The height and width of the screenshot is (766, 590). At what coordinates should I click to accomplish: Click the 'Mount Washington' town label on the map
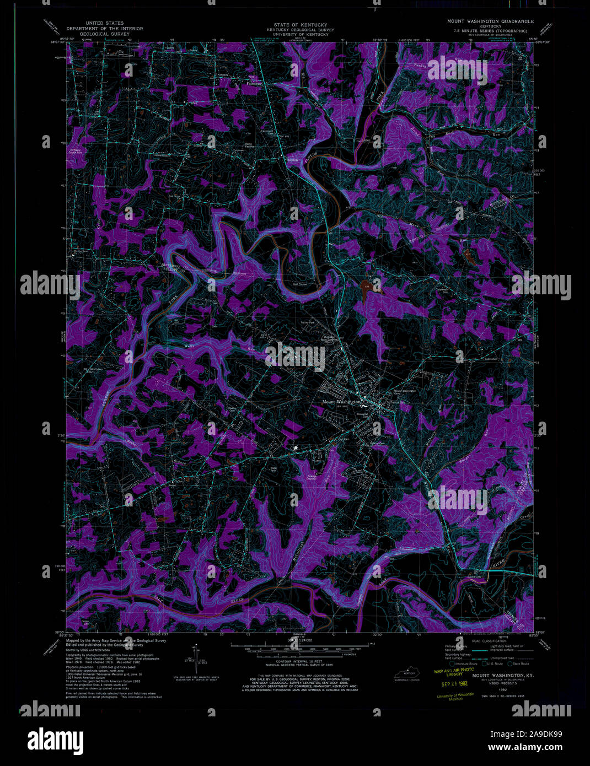click(x=341, y=402)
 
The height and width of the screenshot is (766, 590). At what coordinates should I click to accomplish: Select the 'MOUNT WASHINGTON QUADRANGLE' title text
click(x=490, y=21)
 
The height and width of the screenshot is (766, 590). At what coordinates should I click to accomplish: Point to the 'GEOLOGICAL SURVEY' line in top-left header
click(x=105, y=34)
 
